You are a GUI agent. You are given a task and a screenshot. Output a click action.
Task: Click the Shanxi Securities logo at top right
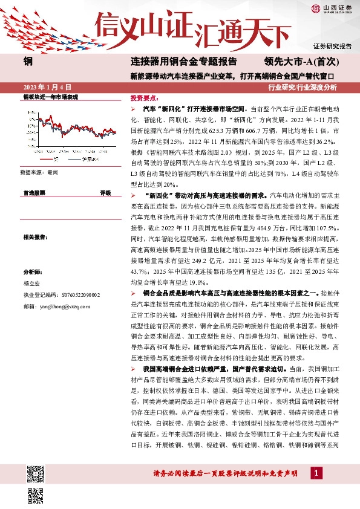pyautogui.click(x=331, y=8)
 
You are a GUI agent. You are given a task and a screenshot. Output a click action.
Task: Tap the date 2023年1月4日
pyautogui.click(x=47, y=87)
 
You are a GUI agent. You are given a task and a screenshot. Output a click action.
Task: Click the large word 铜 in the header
pyautogui.click(x=28, y=62)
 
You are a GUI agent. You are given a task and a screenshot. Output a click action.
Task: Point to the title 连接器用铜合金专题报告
pyautogui.click(x=183, y=62)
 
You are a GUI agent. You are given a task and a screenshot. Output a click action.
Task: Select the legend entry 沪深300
pyautogui.click(x=88, y=159)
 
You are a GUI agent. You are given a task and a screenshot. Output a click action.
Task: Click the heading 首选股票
pyautogui.click(x=34, y=193)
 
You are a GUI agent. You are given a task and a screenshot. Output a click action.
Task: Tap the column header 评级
pyautogui.click(x=105, y=193)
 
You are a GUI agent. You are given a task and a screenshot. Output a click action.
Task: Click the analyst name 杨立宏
pyautogui.click(x=31, y=282)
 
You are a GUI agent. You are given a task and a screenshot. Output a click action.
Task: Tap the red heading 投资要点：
pyautogui.click(x=145, y=97)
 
